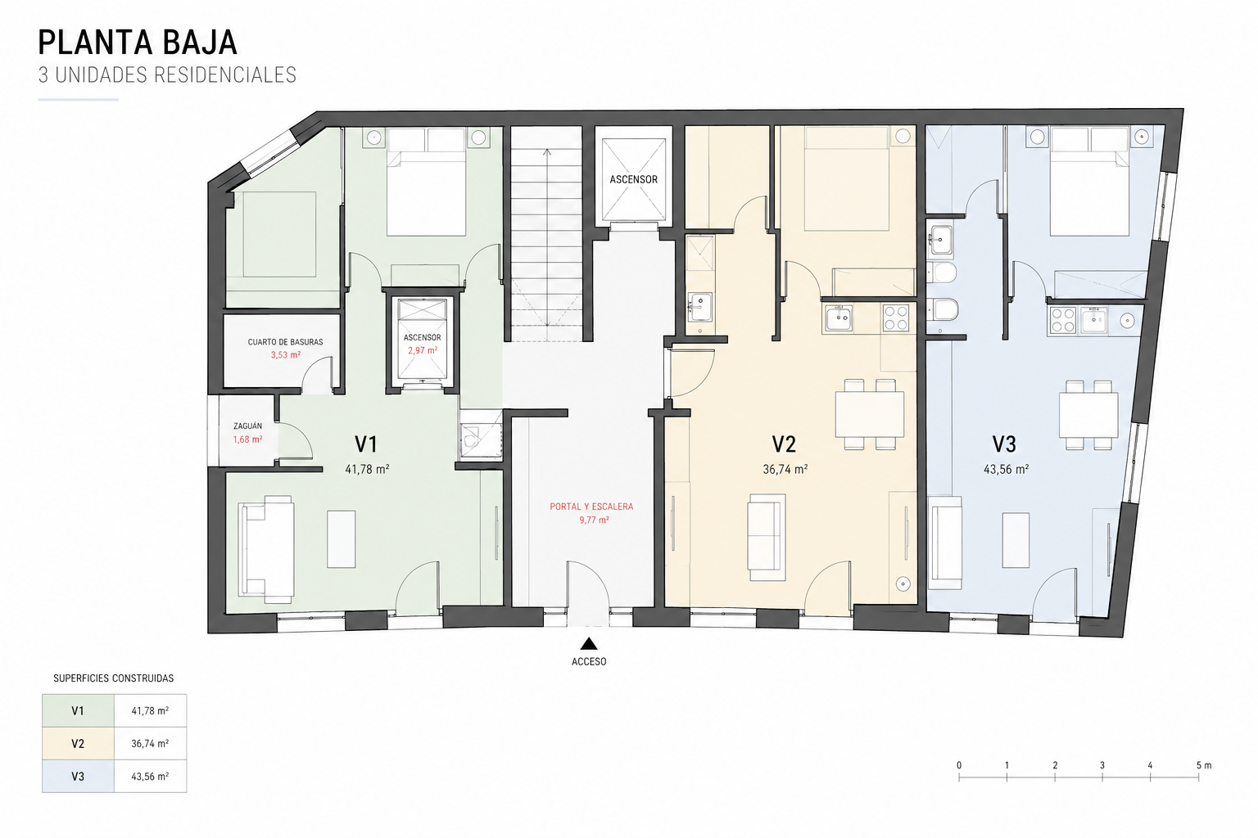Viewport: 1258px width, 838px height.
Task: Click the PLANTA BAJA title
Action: click(138, 43)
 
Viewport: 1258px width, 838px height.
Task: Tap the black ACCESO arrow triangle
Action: click(589, 644)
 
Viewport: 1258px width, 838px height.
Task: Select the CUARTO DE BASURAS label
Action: click(285, 342)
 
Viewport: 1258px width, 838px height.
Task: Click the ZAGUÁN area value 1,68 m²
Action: click(247, 439)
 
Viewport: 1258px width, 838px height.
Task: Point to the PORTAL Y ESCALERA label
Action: click(591, 507)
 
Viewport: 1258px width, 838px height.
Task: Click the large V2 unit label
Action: click(784, 444)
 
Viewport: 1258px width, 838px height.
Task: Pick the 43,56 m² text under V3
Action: click(1006, 469)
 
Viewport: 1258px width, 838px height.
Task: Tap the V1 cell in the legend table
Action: click(78, 710)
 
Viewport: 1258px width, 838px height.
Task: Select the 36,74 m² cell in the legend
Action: click(150, 744)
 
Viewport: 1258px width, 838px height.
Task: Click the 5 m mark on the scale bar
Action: click(1198, 778)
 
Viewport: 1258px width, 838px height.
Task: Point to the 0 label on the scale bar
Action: click(959, 765)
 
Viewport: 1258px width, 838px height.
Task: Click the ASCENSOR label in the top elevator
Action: click(633, 179)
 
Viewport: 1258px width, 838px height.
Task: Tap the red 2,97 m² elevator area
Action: click(423, 350)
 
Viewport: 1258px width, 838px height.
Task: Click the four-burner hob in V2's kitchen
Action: click(895, 318)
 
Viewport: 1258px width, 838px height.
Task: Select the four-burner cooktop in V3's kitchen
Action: click(1063, 321)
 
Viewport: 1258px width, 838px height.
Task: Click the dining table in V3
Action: click(1088, 415)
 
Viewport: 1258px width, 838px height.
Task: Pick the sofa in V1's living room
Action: click(266, 548)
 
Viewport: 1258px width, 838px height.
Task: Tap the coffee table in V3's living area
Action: click(1016, 540)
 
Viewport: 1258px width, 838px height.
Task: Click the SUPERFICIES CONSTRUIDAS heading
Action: click(114, 678)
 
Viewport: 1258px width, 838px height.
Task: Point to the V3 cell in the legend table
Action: click(78, 777)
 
